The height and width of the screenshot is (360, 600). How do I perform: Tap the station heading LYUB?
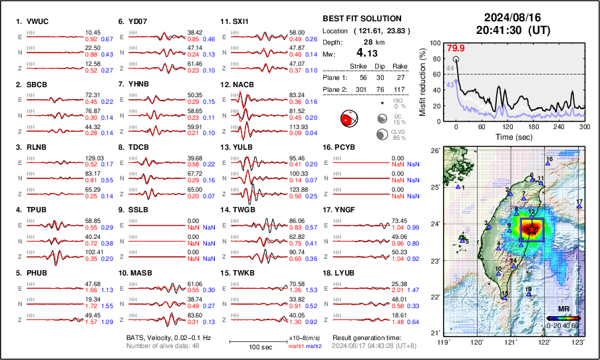coord(346,273)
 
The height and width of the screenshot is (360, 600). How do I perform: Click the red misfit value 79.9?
coord(456,48)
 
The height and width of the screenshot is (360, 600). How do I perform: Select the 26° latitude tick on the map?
coord(436,151)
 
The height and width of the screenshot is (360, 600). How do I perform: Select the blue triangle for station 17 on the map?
coord(579,207)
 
